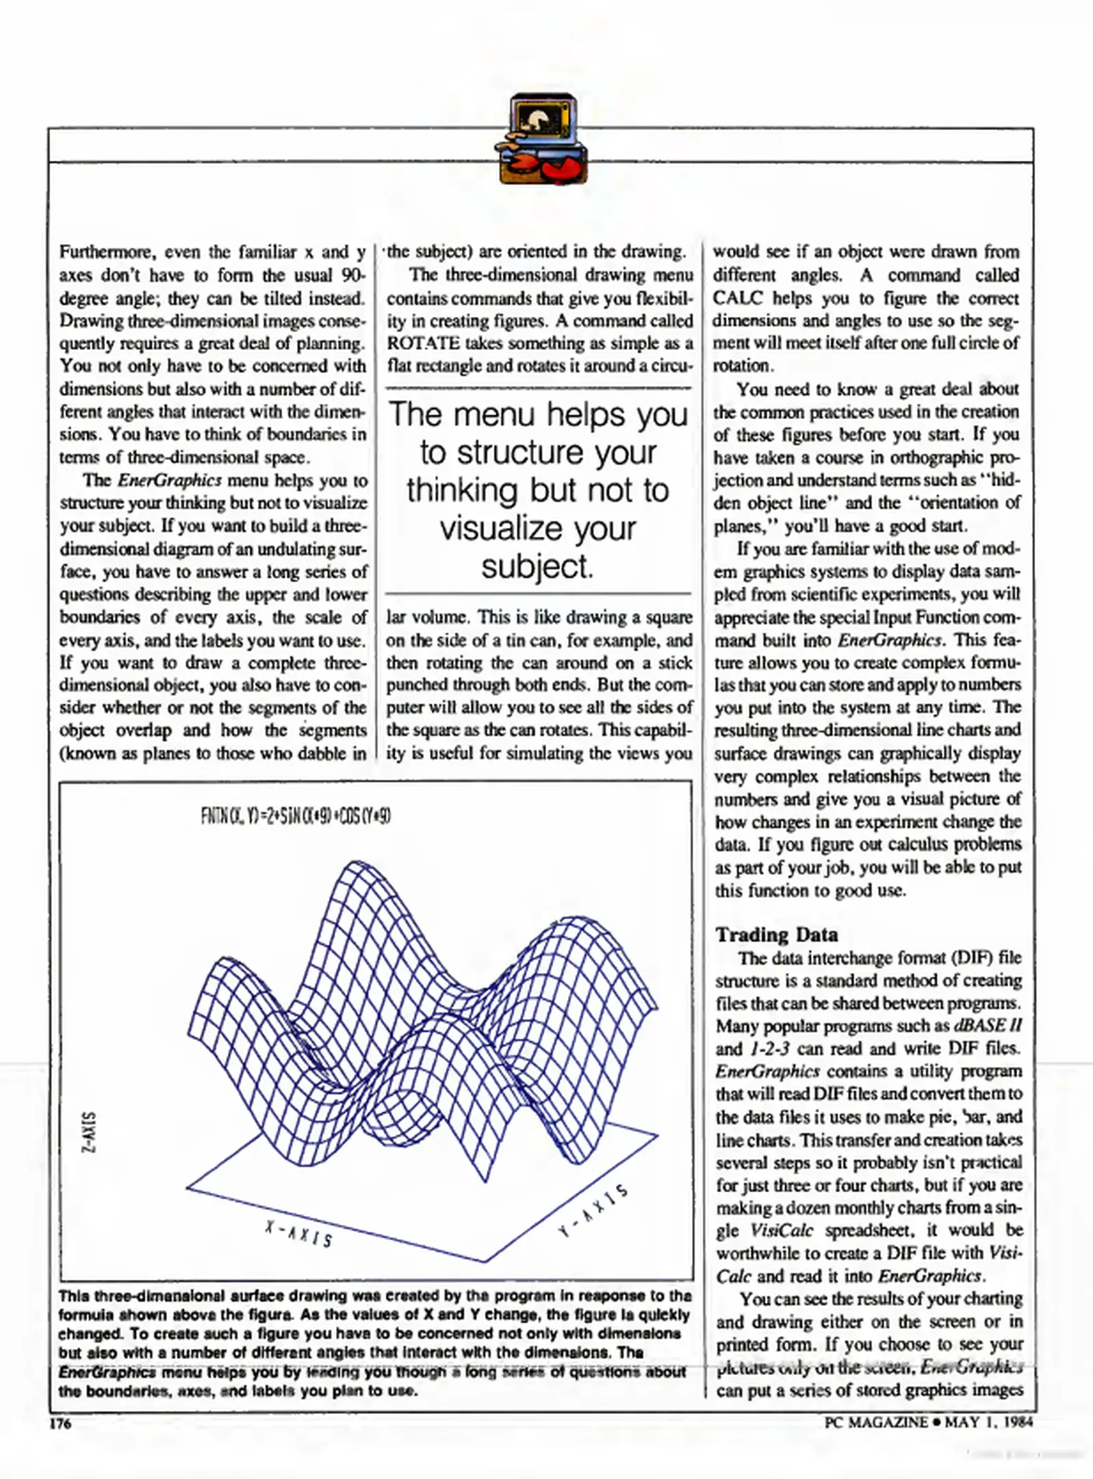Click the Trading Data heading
[776, 935]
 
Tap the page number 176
[61, 1424]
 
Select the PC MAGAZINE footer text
[875, 1422]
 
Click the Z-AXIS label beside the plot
[88, 1132]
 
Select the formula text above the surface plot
[296, 816]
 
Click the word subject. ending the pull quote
[537, 566]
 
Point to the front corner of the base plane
[485, 1262]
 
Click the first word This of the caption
[74, 1295]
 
